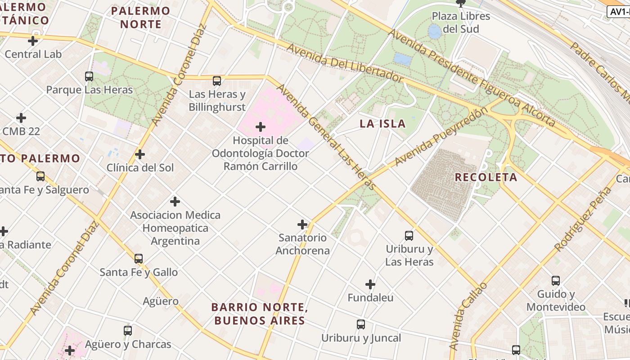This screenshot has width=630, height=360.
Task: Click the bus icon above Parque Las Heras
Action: [89, 76]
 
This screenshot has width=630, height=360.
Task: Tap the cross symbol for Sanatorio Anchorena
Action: [302, 224]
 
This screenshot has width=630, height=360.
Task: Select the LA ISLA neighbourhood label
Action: [382, 124]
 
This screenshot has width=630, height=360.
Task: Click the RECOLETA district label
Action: [486, 177]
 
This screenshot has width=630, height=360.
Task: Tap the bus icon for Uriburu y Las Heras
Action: [409, 235]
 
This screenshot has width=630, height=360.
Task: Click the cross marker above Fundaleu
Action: [370, 284]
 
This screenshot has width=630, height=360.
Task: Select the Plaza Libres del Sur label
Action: [461, 22]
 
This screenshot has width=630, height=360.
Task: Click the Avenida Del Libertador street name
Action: [344, 63]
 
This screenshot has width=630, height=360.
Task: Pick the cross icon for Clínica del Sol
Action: [140, 154]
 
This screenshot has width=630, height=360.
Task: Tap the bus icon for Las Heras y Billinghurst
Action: [217, 81]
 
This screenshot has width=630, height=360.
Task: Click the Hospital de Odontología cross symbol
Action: [261, 127]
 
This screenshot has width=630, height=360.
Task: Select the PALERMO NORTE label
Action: [140, 17]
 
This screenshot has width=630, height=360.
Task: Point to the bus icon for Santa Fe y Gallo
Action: [139, 259]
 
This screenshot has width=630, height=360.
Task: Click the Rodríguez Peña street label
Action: [583, 219]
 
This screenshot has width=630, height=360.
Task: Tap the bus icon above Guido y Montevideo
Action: [556, 281]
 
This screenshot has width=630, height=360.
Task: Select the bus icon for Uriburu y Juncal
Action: [361, 324]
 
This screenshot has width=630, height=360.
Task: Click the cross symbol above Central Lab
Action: [33, 41]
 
